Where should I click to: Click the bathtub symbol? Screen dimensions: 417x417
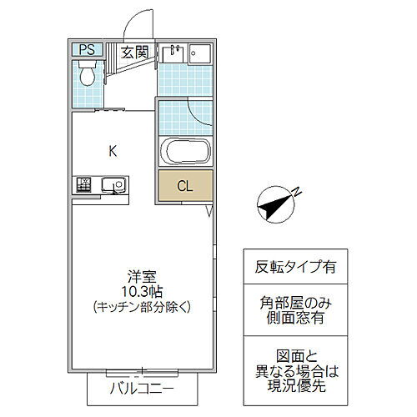(185, 153)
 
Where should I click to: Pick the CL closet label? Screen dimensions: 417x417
(185, 186)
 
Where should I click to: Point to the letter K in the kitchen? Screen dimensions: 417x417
(112, 151)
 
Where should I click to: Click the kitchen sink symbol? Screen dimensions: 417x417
(111, 185)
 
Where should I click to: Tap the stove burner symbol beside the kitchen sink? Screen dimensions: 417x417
(84, 185)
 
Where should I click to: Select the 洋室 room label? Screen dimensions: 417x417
(140, 276)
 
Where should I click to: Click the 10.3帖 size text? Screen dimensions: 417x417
(140, 291)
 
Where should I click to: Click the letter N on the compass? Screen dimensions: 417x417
(295, 195)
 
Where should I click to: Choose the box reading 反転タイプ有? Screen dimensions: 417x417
(295, 268)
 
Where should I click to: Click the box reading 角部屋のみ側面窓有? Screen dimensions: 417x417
(295, 311)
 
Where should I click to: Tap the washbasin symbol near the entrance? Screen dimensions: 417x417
(173, 53)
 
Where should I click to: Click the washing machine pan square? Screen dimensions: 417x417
(200, 54)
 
